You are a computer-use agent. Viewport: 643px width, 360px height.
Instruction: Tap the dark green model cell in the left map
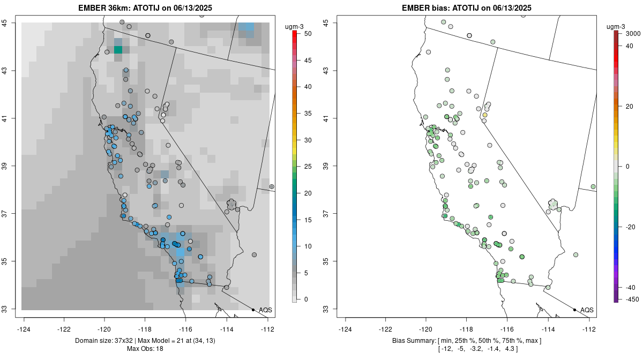tap(118, 50)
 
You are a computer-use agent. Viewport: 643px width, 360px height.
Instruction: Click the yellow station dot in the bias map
tap(485, 115)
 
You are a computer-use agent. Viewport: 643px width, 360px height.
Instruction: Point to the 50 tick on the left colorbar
tap(304, 34)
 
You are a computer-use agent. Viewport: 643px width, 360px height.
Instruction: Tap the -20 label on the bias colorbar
tap(630, 227)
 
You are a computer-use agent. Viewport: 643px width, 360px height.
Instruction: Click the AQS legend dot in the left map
tap(253, 310)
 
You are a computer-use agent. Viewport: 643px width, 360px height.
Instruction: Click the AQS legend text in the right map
tap(587, 310)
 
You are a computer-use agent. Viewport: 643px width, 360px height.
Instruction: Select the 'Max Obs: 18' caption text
tap(145, 349)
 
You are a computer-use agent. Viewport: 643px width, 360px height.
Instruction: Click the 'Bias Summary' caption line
tap(467, 341)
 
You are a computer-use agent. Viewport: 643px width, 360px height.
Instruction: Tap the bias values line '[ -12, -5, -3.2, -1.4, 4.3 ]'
tap(467, 349)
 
